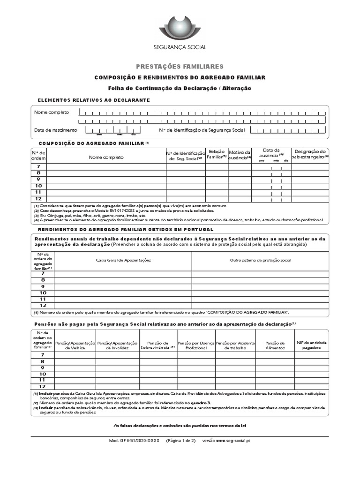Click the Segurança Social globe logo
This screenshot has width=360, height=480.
click(180, 28)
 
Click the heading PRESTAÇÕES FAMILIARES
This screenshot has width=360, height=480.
click(180, 67)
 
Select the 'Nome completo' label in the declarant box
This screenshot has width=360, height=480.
click(51, 112)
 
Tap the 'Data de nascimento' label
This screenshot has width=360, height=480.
click(55, 130)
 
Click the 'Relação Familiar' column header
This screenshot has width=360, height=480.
click(217, 155)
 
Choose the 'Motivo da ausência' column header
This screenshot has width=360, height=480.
click(240, 155)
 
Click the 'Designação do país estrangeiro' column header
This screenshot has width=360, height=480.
click(310, 155)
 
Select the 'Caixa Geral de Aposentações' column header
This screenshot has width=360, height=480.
click(124, 260)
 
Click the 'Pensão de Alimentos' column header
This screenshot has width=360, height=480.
click(275, 345)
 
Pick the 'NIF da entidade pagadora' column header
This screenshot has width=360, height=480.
click(312, 345)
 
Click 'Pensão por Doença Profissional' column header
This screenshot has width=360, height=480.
click(195, 345)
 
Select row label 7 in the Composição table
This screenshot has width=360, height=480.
click(38, 167)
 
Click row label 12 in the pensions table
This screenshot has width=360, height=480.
click(43, 386)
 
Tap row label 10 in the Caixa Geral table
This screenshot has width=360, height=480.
click(43, 292)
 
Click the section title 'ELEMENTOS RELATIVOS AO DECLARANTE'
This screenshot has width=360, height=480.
click(94, 100)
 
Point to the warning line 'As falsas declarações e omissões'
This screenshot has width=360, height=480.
click(180, 426)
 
